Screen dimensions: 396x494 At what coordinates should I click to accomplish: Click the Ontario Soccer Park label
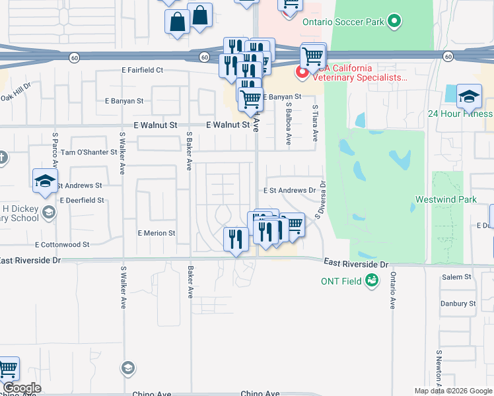click(343, 22)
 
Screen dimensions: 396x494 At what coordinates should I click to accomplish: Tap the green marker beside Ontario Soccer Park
click(394, 21)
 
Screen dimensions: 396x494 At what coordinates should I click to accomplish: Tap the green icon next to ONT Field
click(372, 280)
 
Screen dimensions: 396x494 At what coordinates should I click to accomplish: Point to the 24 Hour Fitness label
click(460, 114)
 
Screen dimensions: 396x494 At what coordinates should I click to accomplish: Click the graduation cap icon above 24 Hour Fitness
click(469, 97)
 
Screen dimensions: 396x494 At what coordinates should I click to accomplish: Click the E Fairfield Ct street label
click(142, 69)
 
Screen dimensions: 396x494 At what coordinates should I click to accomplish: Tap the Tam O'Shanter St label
click(88, 152)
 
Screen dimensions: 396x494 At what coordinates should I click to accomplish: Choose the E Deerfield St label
click(82, 199)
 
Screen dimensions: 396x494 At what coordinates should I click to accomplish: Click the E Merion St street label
click(157, 233)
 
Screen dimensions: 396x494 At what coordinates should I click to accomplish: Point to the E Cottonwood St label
click(63, 244)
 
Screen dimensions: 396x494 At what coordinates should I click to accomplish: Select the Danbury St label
click(458, 304)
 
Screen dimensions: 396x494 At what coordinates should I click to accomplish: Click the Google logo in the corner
click(22, 388)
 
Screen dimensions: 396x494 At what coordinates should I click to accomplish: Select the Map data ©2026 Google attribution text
click(453, 391)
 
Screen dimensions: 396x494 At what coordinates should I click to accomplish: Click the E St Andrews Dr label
click(289, 190)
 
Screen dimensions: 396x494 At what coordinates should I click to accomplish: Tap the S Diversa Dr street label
click(322, 200)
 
